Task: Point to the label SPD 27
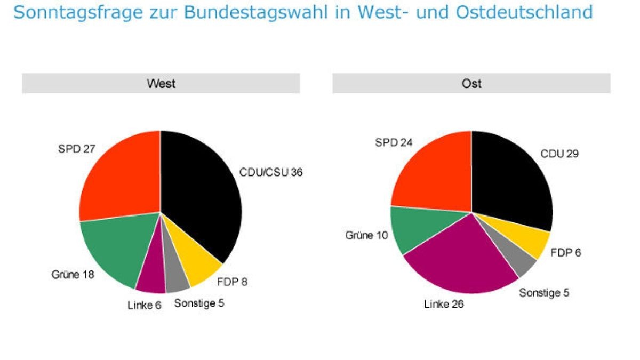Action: click(x=76, y=149)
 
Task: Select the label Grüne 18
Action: click(x=73, y=275)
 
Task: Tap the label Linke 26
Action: click(x=444, y=305)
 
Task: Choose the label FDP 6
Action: click(x=566, y=252)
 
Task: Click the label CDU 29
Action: click(x=559, y=154)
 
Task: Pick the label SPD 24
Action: click(x=394, y=142)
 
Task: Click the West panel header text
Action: click(x=161, y=84)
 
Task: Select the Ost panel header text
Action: click(x=471, y=84)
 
